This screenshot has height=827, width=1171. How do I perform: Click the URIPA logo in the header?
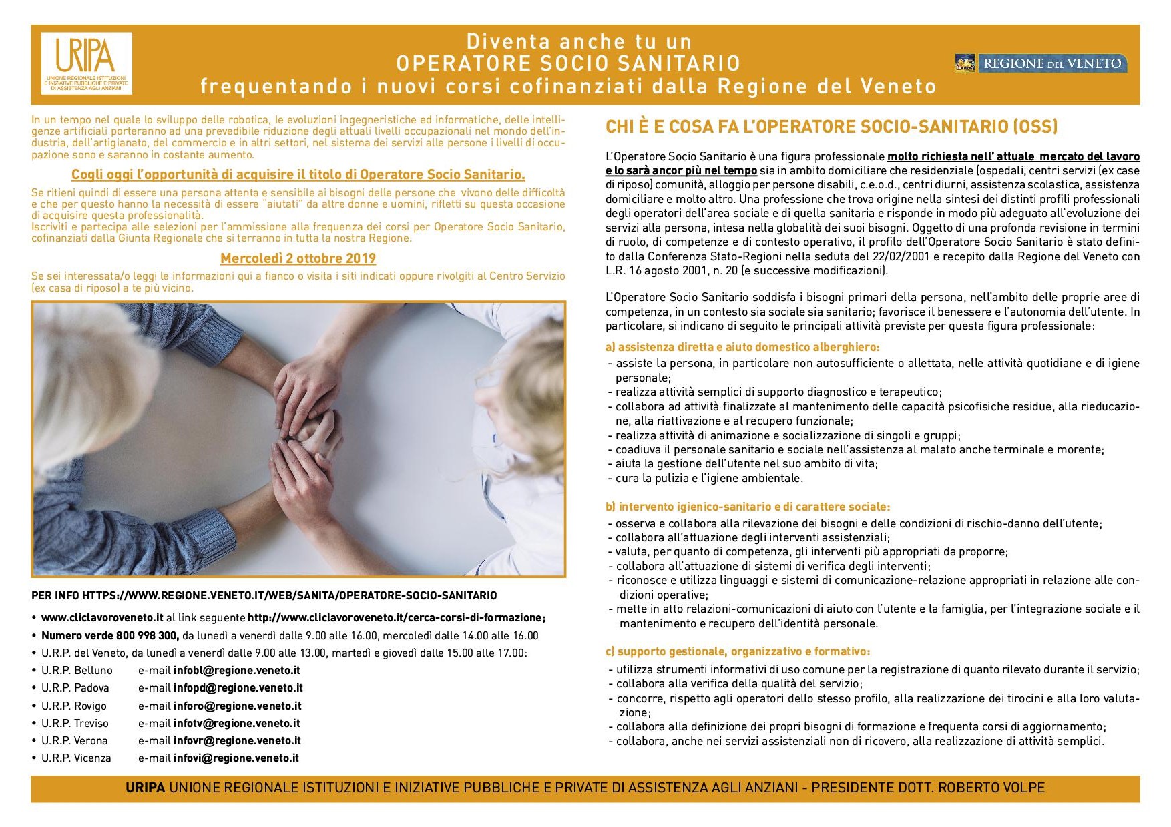pos(86,63)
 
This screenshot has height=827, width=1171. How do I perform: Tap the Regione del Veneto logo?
pos(1041,63)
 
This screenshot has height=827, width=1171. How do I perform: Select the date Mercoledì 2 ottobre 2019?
pos(298,258)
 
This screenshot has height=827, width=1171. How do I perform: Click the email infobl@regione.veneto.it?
pos(237,670)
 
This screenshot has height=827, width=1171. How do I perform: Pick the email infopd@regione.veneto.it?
pos(238,687)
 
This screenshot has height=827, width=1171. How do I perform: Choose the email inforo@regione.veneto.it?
pos(238,706)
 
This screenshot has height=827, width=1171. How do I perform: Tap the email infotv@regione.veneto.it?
pos(237,723)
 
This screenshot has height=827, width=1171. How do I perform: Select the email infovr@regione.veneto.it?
pos(237,740)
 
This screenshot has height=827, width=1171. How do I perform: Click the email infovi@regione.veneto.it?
pos(236,758)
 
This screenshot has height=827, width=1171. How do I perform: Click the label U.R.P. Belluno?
pos(77,670)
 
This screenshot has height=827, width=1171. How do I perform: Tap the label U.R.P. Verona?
pos(75,740)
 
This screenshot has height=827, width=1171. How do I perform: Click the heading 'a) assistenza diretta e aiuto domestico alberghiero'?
pos(742,347)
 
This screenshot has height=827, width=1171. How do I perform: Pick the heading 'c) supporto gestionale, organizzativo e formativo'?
pos(738,651)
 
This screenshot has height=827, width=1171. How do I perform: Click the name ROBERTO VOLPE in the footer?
pos(991,788)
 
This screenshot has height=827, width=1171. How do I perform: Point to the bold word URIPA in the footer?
pos(145,788)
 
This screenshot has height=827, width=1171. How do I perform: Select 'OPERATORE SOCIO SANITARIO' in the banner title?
pos(569,63)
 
